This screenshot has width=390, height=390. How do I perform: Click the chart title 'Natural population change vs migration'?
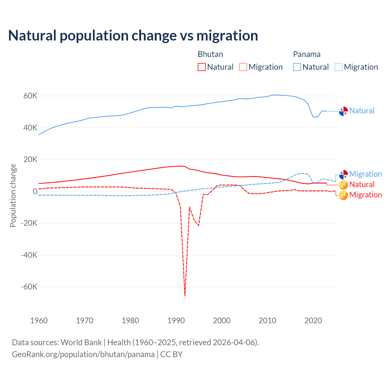pos(133,36)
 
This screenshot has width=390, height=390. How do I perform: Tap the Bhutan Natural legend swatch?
pos(201,67)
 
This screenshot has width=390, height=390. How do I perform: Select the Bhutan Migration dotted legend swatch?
pos(243,67)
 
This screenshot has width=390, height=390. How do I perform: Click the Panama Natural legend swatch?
pos(297,67)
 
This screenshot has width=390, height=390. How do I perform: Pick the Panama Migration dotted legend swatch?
pos(339,67)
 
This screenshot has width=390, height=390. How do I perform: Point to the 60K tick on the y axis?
pos(30,96)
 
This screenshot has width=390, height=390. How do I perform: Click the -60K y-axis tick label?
pos(29,287)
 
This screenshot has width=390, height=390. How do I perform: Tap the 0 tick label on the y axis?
pos(35,191)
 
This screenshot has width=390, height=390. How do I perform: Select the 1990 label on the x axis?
pos(176,321)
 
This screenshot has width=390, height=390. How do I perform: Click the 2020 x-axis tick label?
pos(313,321)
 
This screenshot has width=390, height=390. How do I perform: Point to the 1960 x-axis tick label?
pos(39,321)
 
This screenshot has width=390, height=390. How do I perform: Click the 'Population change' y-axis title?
pos(13,196)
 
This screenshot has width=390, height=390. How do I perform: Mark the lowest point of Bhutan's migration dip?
pos(185,296)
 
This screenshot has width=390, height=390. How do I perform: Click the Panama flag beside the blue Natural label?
pos(343,111)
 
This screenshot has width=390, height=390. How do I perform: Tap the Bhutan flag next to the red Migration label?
pos(343,195)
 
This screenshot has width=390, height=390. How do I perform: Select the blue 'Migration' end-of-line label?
pos(365,174)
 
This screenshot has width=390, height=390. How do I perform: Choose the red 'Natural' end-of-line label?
pos(362,184)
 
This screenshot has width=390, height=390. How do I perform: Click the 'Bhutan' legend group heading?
pos(210,54)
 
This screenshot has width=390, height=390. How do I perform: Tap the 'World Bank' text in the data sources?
pos(81,342)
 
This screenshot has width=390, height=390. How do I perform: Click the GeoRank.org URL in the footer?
pos(83,354)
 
